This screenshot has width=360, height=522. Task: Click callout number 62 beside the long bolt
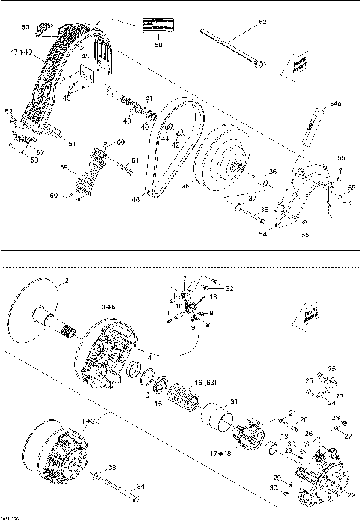pyautogui.click(x=262, y=23)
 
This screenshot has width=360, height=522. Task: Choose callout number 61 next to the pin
pyautogui.click(x=135, y=160)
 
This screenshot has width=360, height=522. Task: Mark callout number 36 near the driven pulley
pyautogui.click(x=272, y=172)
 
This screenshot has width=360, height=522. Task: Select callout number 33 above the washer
pyautogui.click(x=112, y=467)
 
